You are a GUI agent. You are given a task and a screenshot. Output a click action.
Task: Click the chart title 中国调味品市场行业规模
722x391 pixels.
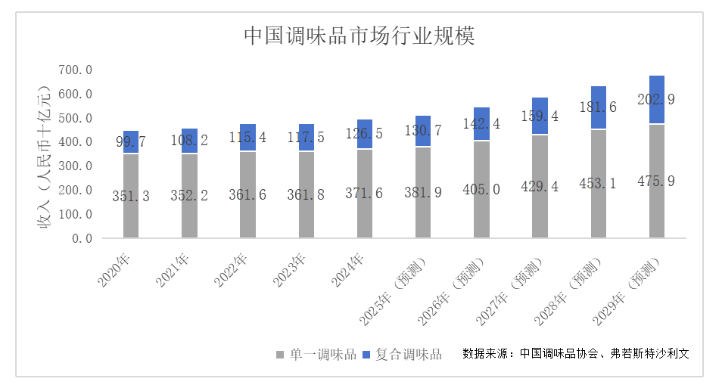tap(359, 36)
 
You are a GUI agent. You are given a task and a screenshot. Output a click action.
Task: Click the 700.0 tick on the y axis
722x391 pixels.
tap(76, 70)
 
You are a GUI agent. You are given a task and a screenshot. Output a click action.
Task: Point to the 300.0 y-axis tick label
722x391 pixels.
tap(76, 166)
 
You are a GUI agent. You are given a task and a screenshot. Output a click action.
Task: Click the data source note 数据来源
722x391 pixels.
tap(575, 353)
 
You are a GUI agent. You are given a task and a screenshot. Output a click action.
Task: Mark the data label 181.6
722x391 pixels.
tap(598, 107)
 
